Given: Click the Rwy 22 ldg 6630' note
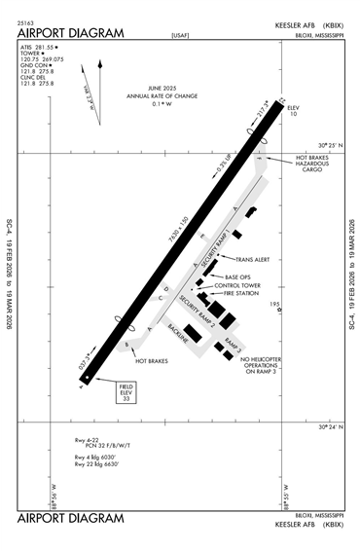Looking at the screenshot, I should pos(95,464).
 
